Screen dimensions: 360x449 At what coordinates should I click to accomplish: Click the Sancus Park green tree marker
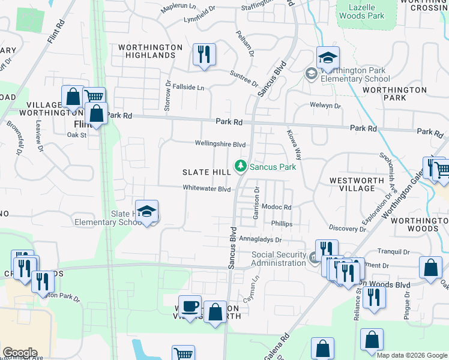241,165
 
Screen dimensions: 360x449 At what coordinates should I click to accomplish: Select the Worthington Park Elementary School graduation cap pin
328,59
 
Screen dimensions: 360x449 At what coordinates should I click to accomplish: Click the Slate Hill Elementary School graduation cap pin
146,212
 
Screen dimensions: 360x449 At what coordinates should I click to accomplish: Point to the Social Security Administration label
279,259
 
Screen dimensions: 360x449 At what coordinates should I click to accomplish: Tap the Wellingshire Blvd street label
220,144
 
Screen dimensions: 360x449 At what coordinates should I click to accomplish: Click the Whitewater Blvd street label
207,188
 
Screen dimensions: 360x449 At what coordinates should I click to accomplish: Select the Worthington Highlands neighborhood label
150,51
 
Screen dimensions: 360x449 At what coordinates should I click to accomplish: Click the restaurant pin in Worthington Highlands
204,55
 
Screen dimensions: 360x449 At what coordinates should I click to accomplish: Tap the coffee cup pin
190,307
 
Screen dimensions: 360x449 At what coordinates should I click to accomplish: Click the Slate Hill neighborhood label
206,172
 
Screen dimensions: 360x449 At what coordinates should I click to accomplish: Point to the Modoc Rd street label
276,207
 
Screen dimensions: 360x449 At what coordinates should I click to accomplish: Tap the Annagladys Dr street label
261,238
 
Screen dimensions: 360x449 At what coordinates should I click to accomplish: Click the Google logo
19,353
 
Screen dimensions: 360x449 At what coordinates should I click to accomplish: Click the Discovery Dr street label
347,229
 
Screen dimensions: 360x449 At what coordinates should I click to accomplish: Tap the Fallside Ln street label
188,87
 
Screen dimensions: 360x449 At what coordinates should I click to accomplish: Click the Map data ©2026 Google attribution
411,355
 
